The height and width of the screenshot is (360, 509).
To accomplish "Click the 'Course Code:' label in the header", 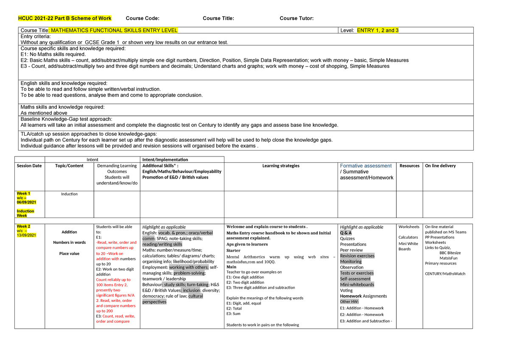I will tap(143, 18).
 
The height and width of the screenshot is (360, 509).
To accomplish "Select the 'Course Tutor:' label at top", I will tap(296, 18).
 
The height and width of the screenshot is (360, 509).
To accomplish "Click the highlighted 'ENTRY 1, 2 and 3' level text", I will tap(378, 30).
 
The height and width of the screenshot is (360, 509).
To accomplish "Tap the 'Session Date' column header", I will tap(29, 166).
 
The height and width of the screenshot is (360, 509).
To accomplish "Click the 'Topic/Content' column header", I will tap(69, 166).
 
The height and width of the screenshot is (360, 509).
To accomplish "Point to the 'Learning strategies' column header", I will tap(281, 166).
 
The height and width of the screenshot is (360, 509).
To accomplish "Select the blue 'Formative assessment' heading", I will tap(366, 166).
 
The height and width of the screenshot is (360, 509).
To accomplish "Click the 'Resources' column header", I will tap(409, 166).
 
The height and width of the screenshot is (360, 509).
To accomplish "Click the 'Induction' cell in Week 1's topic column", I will tap(69, 194).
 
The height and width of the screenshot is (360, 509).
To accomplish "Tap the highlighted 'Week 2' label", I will tap(23, 226).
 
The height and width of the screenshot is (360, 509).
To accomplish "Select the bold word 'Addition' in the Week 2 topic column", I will tap(69, 232).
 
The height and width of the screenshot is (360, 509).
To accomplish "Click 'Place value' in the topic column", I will tap(69, 254).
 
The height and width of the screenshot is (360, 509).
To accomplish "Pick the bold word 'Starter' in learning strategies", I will tap(233, 250).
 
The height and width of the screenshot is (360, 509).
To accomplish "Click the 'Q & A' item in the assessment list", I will tap(346, 233).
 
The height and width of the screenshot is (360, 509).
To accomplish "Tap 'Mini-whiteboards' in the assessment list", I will tap(357, 285).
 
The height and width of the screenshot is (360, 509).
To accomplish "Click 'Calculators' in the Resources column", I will tap(408, 237).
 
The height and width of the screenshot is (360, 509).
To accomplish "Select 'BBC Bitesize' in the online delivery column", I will tap(450, 253).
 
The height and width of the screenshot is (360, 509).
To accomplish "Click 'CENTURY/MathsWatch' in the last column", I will tap(445, 273).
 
